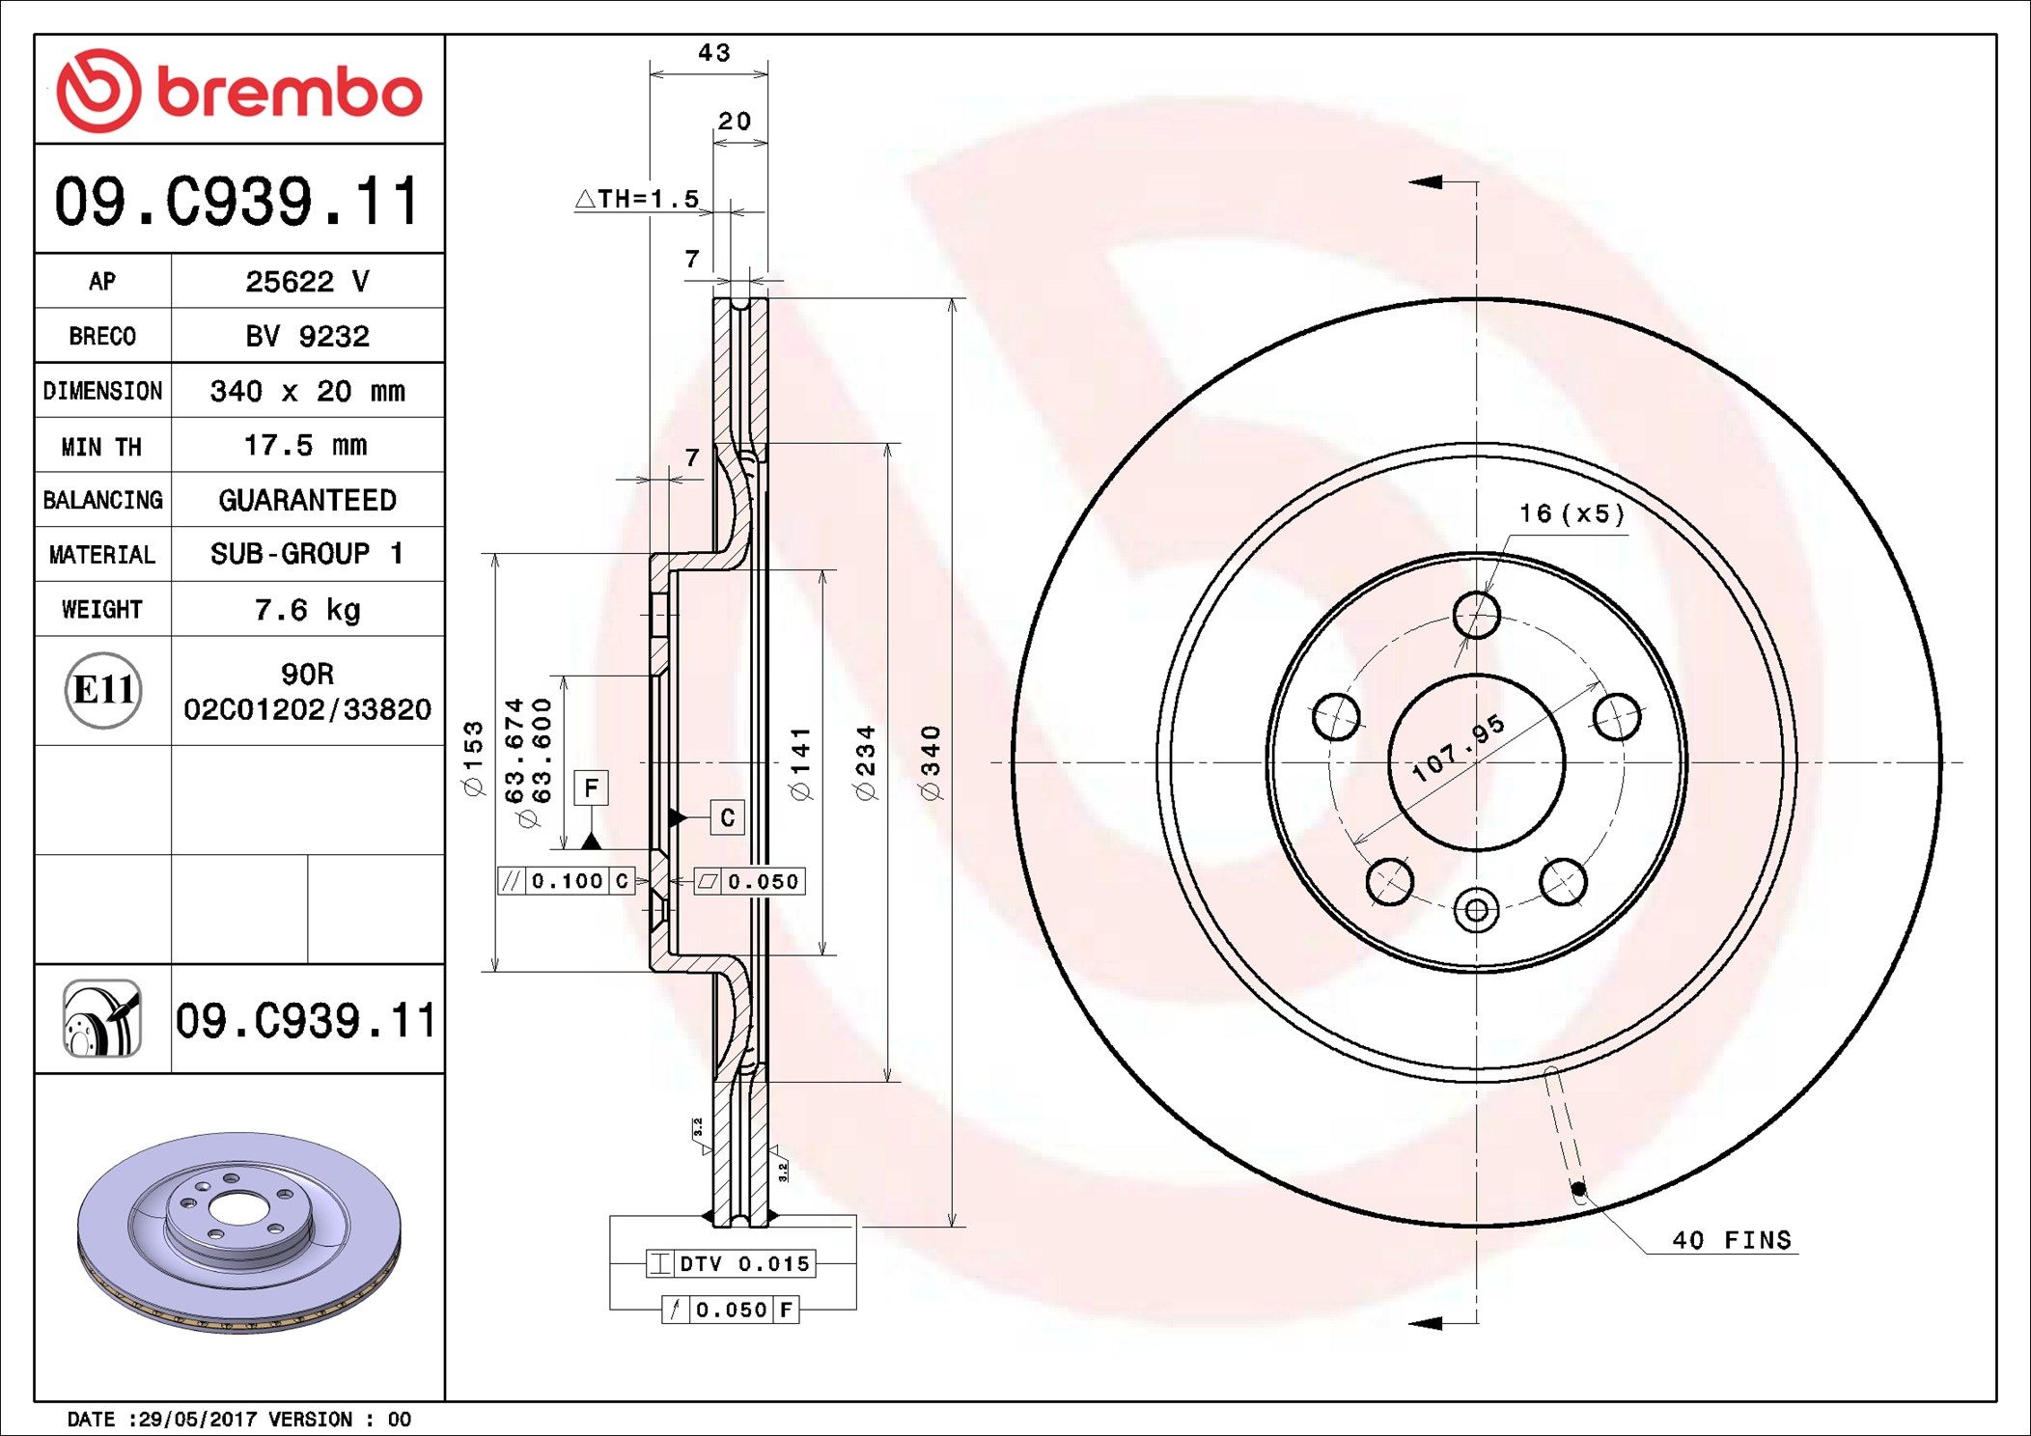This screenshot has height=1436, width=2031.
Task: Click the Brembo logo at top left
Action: pyautogui.click(x=238, y=91)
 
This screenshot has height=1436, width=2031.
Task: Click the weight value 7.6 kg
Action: pyautogui.click(x=307, y=610)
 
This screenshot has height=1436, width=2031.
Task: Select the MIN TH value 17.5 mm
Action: pyautogui.click(x=305, y=446)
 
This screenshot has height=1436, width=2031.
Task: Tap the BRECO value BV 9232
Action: pyautogui.click(x=307, y=337)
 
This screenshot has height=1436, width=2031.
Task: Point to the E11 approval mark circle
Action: pyautogui.click(x=103, y=690)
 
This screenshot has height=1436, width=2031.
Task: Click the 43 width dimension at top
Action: pyautogui.click(x=713, y=53)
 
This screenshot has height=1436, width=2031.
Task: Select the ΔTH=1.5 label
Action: pyautogui.click(x=637, y=200)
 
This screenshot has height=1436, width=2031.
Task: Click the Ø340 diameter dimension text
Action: pyautogui.click(x=931, y=762)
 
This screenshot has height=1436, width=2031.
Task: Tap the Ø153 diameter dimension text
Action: pyautogui.click(x=473, y=759)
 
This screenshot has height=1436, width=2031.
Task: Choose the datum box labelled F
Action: pyautogui.click(x=591, y=788)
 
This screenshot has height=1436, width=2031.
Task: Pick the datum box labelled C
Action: pyautogui.click(x=727, y=817)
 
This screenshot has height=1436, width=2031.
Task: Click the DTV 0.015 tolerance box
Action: pyautogui.click(x=731, y=1263)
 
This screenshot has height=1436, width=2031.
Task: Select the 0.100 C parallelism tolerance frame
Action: pyautogui.click(x=567, y=881)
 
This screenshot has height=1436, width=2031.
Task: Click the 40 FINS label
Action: pyautogui.click(x=1731, y=1240)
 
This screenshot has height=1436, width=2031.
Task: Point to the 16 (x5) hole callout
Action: pyautogui.click(x=1572, y=513)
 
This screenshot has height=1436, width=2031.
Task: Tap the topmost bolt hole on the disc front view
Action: pyautogui.click(x=1476, y=614)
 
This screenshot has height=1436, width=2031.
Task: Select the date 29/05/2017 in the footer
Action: pyautogui.click(x=198, y=1420)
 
